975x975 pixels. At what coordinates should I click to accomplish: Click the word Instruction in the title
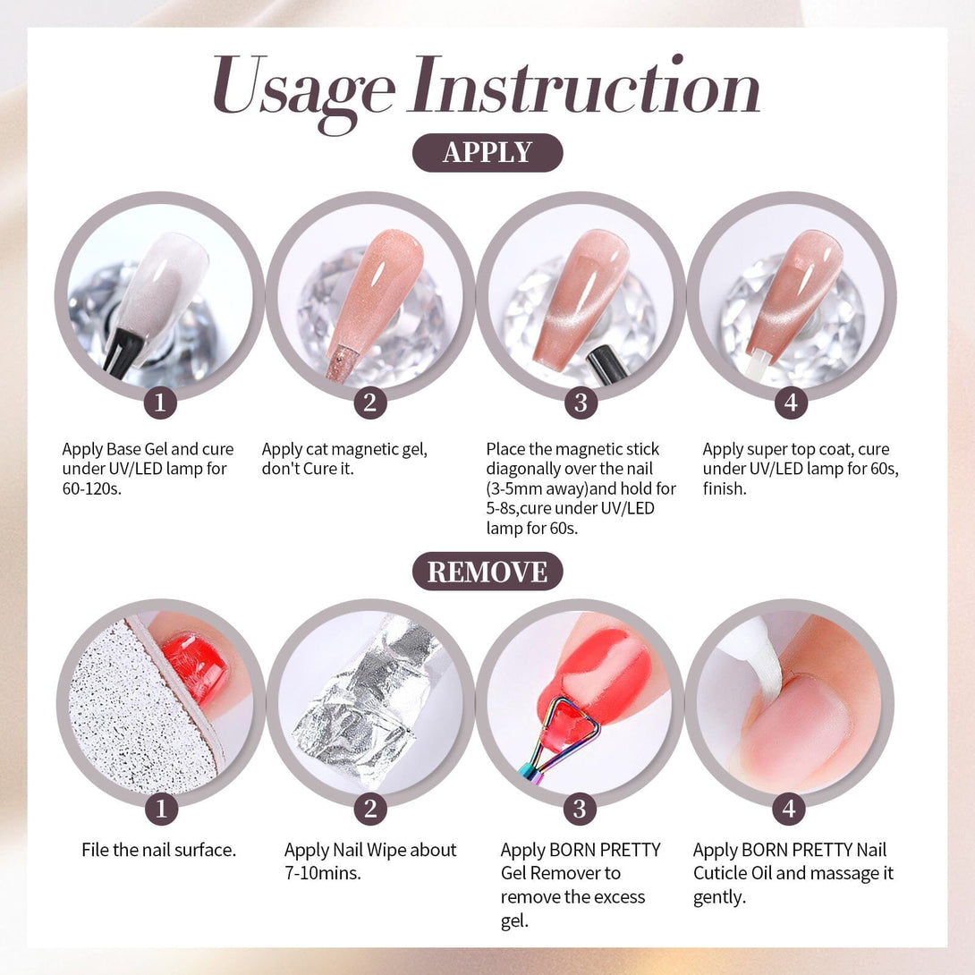[x=584, y=85]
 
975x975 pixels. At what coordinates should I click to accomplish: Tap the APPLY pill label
[x=487, y=152]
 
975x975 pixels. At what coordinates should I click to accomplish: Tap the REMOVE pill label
[x=487, y=572]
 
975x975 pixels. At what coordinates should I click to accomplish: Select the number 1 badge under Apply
[x=160, y=403]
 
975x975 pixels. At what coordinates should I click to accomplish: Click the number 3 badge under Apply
[x=581, y=403]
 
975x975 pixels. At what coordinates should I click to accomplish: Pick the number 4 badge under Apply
[x=791, y=403]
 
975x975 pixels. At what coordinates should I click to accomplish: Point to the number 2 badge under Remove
[x=370, y=809]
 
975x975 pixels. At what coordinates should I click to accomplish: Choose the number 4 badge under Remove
[x=789, y=809]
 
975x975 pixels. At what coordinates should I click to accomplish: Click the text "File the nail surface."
[x=159, y=850]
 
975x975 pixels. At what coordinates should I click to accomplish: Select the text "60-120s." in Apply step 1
[x=91, y=488]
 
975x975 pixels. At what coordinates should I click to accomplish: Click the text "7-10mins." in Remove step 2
[x=323, y=873]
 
